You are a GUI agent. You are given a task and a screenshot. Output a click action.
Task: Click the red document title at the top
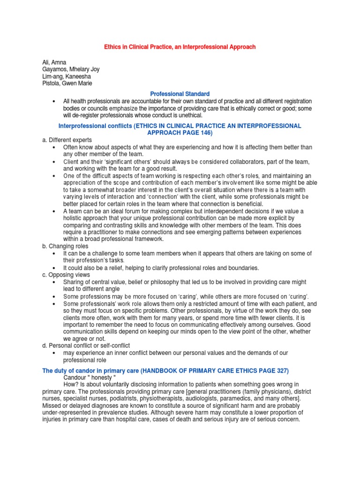[x=180, y=47]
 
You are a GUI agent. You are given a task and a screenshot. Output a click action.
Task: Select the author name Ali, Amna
[x=54, y=62]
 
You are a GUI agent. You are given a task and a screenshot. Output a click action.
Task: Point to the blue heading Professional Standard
[x=180, y=94]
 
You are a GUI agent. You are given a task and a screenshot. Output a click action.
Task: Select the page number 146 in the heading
[x=205, y=133]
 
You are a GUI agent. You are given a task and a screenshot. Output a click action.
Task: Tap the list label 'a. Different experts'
[x=67, y=140]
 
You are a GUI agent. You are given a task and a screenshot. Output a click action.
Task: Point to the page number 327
[x=279, y=370]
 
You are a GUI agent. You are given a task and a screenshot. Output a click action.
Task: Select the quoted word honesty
[x=104, y=377]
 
